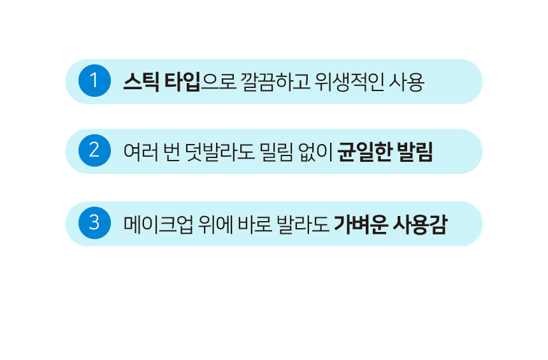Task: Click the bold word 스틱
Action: pos(141,82)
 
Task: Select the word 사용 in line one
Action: pos(408,82)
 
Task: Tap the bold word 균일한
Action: pos(364,152)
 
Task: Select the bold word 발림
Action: pos(415,152)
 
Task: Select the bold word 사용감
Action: pos(421,224)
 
